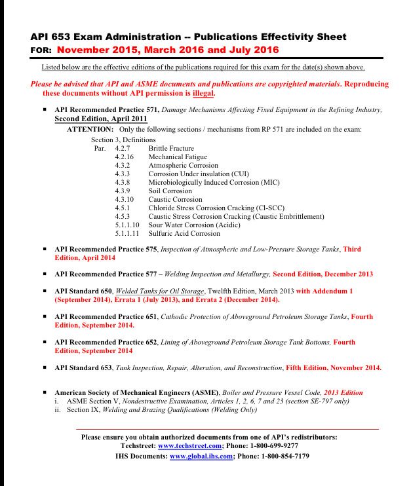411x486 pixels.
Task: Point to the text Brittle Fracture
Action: pos(171,149)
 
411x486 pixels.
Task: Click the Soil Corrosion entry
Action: pos(170,191)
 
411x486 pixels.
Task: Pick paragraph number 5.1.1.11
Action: pos(128,233)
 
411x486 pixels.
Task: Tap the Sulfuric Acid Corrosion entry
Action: pos(184,233)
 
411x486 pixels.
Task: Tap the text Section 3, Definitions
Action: pos(123,140)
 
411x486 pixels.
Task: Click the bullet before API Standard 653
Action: pos(45,367)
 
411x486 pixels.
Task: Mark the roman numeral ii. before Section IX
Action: pos(58,410)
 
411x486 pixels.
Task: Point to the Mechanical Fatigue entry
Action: pos(178,157)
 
